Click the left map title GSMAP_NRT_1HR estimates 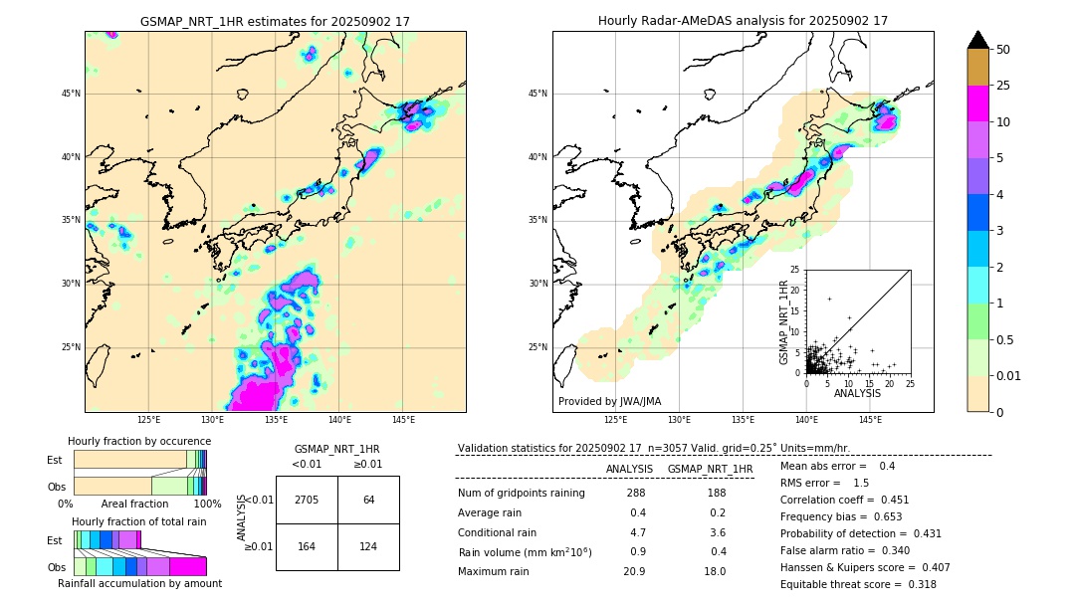(x=275, y=21)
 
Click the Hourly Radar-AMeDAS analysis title (x=743, y=21)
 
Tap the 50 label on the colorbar (x=1003, y=50)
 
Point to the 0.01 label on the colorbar (x=1009, y=375)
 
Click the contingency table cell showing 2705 (x=307, y=500)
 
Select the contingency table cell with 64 (x=368, y=500)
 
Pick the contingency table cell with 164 (x=307, y=546)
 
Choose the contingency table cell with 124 (x=368, y=546)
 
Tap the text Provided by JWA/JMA (x=609, y=401)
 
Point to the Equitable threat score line (x=858, y=584)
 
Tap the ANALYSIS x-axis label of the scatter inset (x=857, y=393)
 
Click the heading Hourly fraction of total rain (x=139, y=521)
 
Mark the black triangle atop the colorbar (x=978, y=40)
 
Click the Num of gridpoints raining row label (x=521, y=494)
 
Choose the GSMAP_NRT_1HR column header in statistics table (x=710, y=469)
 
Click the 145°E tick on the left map (x=402, y=420)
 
